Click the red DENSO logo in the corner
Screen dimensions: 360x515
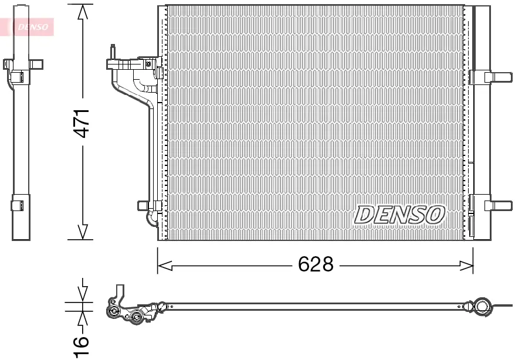click(29, 26)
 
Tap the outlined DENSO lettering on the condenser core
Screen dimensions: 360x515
click(399, 215)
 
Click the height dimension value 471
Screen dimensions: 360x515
click(83, 123)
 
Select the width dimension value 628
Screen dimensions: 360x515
click(316, 265)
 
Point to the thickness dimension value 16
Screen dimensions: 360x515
click(83, 345)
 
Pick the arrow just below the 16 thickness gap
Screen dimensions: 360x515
click(83, 318)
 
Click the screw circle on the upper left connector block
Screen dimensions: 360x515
click(149, 63)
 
